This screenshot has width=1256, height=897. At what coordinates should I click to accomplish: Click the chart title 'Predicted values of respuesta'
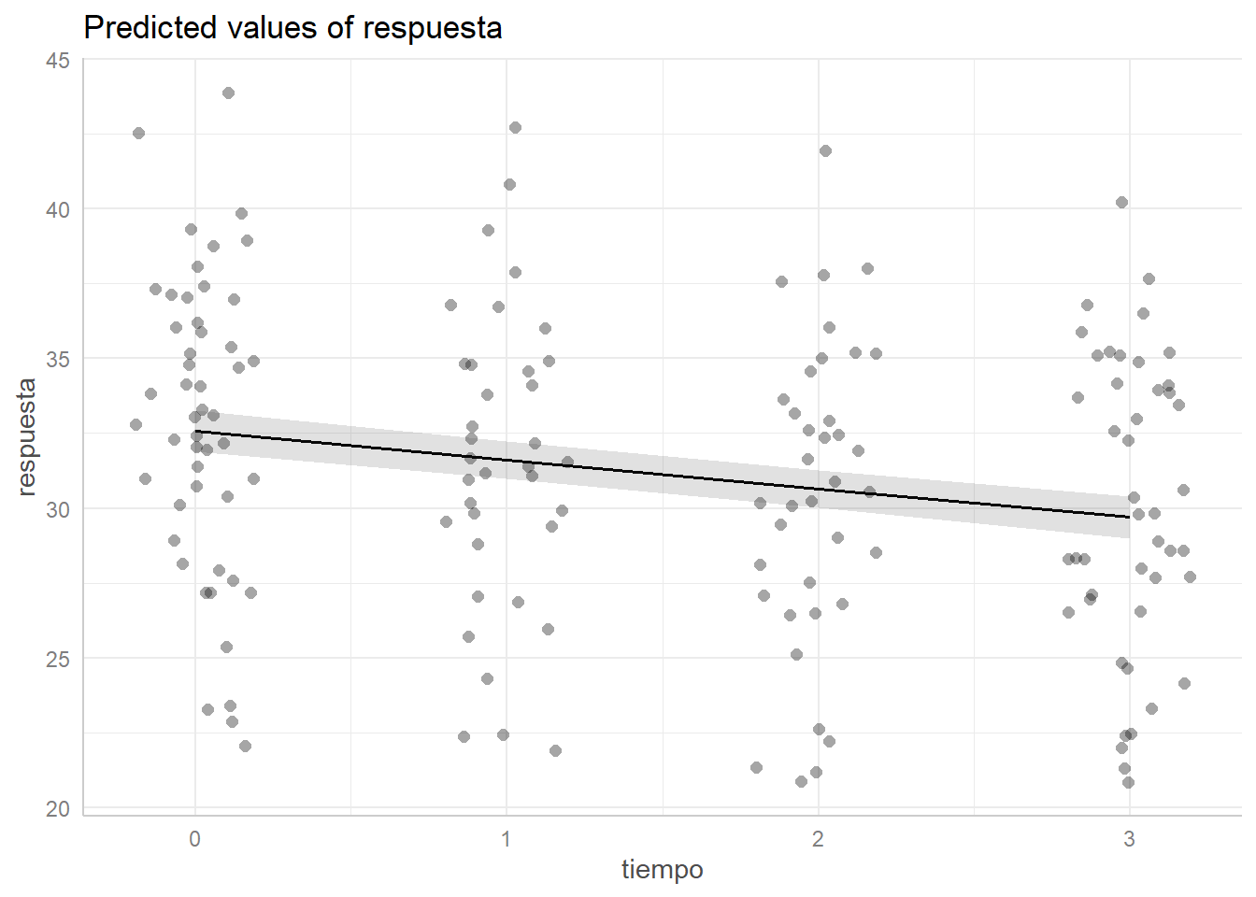click(293, 28)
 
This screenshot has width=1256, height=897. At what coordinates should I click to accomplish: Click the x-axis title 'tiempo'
click(662, 870)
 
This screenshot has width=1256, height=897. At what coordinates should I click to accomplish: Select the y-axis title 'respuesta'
click(26, 436)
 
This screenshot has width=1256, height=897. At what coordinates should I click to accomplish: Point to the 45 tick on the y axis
click(58, 61)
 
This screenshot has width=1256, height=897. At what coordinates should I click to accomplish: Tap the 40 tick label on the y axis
click(58, 210)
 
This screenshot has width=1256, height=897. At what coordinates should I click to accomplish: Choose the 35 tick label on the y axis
click(58, 360)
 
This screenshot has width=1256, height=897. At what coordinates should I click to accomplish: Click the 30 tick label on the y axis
click(58, 509)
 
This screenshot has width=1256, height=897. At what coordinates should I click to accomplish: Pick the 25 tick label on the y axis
click(58, 660)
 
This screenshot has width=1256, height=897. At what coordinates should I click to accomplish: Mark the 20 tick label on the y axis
click(58, 809)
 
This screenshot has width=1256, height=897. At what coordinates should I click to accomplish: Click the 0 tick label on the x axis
click(194, 839)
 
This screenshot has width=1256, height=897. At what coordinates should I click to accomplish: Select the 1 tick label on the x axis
click(507, 839)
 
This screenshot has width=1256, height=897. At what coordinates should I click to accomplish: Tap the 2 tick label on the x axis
click(818, 839)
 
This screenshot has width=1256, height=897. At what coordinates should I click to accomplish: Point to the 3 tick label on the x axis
click(1129, 839)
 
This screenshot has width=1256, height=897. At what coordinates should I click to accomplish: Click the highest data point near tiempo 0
click(228, 93)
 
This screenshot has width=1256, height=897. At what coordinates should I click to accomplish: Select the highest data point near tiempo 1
click(515, 127)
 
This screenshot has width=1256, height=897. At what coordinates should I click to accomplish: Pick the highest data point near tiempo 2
click(825, 150)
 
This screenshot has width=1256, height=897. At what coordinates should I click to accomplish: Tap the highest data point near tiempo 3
click(1121, 202)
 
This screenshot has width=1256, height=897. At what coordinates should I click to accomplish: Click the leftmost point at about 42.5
click(138, 133)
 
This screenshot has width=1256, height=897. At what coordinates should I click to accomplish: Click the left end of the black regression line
click(195, 432)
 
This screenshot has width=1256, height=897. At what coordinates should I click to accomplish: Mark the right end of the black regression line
click(1129, 517)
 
